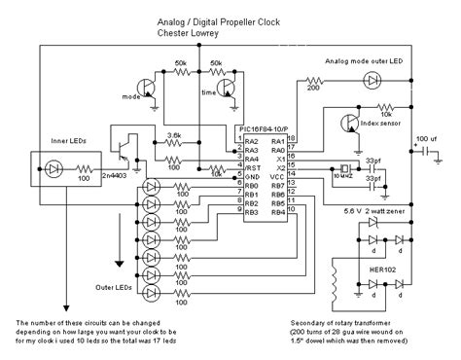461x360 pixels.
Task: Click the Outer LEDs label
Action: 113,285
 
